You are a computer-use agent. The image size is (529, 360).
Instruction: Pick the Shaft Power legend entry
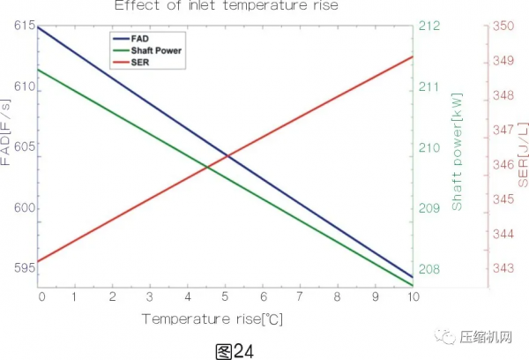tap(156, 51)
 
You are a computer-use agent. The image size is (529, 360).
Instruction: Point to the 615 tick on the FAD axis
tap(24, 27)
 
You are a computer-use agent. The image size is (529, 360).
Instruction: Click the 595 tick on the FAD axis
tap(24, 267)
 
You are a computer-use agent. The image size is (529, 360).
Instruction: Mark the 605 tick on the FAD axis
tap(24, 147)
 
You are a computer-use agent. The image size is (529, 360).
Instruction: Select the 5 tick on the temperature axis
tap(225, 296)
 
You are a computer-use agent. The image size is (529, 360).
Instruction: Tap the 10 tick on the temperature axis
tap(414, 296)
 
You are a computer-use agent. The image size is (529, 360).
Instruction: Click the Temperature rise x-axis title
tap(212, 318)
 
